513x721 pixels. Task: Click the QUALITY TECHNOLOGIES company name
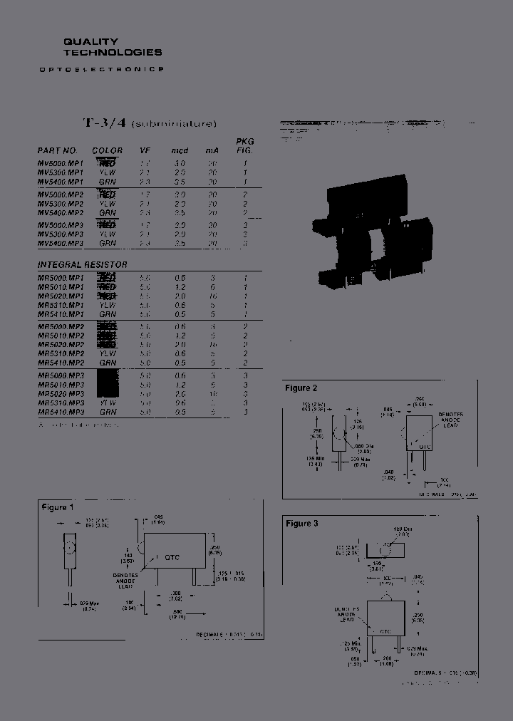[113, 47]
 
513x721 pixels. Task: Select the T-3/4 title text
[96, 123]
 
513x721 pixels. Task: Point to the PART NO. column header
[57, 150]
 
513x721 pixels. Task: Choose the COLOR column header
[108, 150]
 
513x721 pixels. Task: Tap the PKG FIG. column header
[244, 146]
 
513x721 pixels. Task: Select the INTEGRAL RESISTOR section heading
[82, 264]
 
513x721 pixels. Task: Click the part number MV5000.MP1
[61, 163]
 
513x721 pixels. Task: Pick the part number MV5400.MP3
[61, 243]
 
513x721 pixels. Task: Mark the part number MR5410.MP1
[61, 313]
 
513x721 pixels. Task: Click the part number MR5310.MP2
[61, 353]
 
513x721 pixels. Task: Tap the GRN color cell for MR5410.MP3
[108, 412]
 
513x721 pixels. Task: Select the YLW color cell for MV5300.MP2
[108, 203]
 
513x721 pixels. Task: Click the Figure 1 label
[57, 507]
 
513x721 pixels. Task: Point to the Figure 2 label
[301, 388]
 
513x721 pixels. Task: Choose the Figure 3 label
[301, 524]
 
